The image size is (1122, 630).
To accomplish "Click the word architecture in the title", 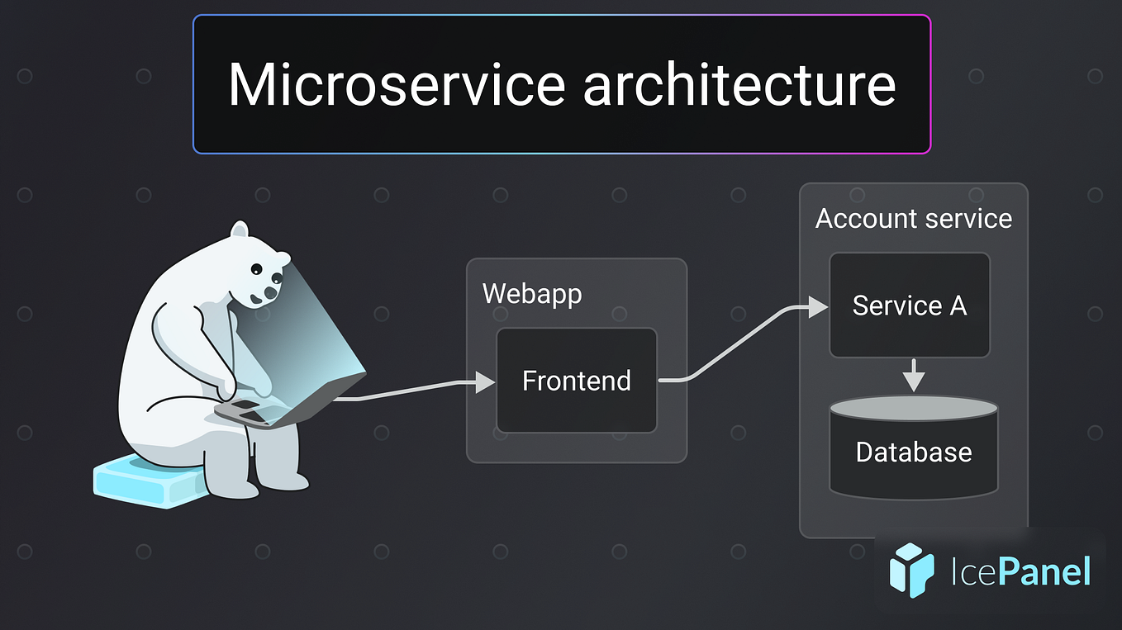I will pos(739,84).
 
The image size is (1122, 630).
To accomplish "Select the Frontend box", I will pos(576,381).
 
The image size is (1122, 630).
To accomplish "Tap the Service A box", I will pos(909,306).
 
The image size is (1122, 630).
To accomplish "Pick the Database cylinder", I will pos(913,452).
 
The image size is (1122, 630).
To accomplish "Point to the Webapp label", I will pos(531,294).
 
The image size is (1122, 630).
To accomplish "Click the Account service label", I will pos(913,219).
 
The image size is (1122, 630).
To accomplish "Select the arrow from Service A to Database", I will pos(913,376).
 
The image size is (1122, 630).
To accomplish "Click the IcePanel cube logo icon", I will pos(911,570).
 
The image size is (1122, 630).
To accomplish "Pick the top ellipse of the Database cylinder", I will pos(913,407).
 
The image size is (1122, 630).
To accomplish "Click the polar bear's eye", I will pos(257,269).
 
